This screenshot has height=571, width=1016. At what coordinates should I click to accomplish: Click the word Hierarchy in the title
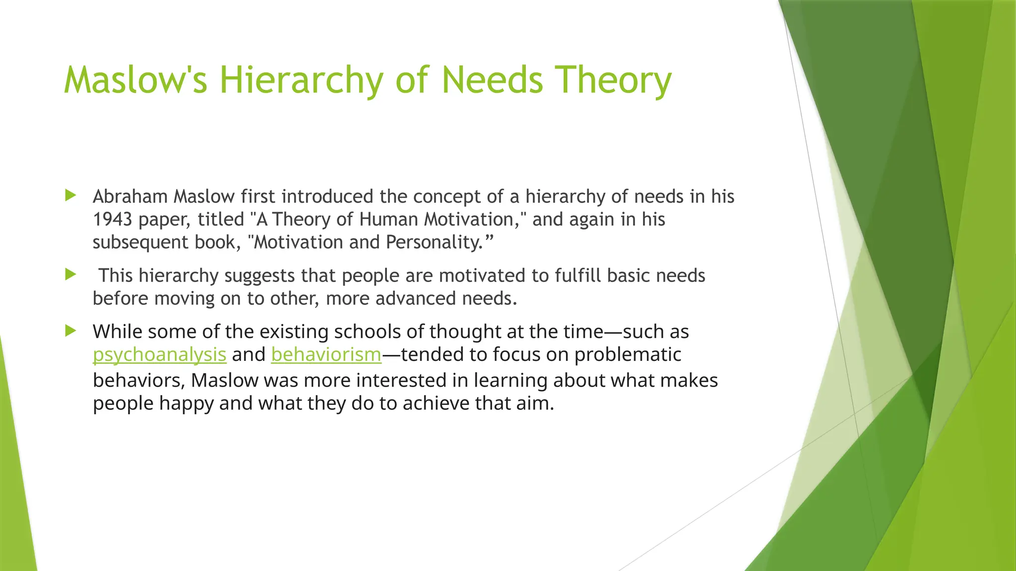click(302, 80)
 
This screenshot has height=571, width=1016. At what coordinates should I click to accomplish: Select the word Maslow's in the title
click(135, 80)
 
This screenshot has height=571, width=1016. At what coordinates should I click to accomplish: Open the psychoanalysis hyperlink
click(159, 355)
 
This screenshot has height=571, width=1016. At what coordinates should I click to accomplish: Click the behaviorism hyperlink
click(326, 355)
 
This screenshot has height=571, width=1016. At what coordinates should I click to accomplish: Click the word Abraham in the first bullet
click(130, 197)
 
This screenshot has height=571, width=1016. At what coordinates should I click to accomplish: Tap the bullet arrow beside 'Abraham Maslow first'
click(71, 195)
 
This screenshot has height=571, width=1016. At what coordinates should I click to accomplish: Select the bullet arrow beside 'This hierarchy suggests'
click(71, 274)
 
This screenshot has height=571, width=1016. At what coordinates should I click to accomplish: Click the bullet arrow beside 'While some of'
click(71, 331)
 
